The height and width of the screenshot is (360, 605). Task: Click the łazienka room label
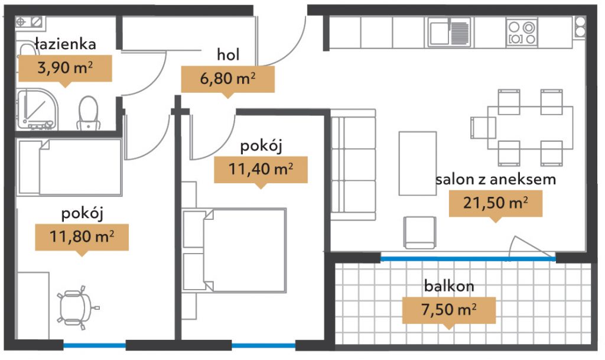point(65,44)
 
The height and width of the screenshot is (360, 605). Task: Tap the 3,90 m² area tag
point(65,69)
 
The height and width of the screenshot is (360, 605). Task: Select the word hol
point(229,54)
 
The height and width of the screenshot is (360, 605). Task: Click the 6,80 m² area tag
point(227,79)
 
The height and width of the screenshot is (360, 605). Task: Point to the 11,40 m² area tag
point(261,170)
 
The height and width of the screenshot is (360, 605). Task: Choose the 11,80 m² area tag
point(82,237)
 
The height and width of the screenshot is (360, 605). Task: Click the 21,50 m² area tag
point(496,203)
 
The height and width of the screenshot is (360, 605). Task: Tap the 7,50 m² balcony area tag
point(449,310)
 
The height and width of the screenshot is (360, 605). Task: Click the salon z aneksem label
point(496,180)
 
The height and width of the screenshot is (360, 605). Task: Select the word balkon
point(449,286)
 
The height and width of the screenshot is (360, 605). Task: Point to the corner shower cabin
point(37,109)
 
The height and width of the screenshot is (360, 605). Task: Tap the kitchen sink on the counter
point(450,33)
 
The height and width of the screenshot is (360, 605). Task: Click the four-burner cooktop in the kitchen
point(522,33)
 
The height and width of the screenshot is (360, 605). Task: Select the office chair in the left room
point(77,307)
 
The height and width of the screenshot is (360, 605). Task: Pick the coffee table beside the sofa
point(418,164)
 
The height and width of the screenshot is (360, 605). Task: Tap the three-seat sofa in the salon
point(353,165)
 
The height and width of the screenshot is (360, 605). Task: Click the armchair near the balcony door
point(420,232)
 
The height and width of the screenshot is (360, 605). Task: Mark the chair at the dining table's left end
point(483,128)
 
